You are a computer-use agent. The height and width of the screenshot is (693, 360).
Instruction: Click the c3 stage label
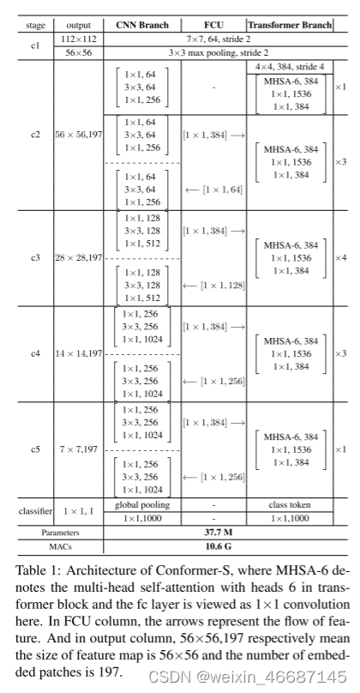pyautogui.click(x=35, y=256)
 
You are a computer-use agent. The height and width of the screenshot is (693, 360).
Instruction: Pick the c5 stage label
pyautogui.click(x=35, y=449)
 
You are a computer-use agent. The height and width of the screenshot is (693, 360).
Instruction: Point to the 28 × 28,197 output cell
pyautogui.click(x=77, y=256)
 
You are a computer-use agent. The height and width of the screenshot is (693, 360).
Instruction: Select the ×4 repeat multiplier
pyautogui.click(x=340, y=256)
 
